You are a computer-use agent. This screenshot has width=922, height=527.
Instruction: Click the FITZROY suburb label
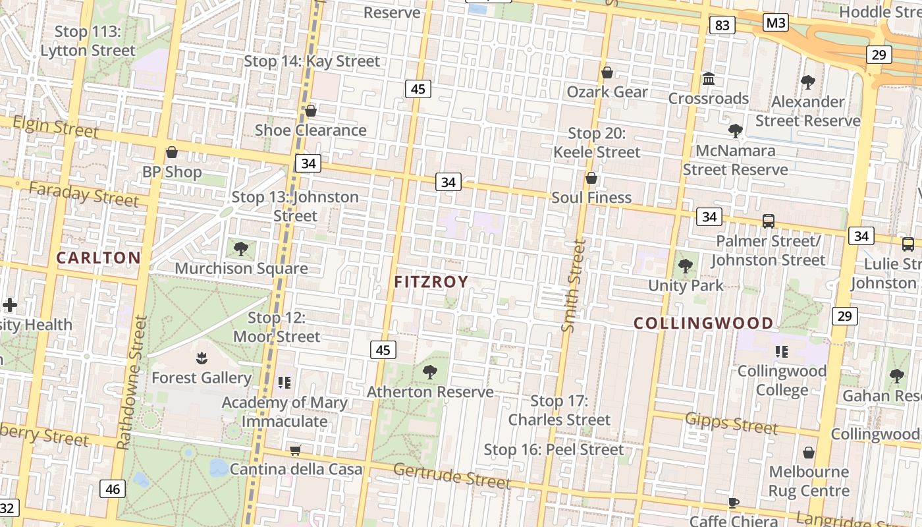point(431,282)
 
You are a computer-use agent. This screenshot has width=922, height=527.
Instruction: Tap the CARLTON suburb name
point(98,258)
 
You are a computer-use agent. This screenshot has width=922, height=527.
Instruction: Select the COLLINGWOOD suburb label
point(703,323)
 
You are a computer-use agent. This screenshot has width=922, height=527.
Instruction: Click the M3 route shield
point(776,23)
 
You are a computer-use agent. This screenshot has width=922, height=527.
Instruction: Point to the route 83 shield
point(722,25)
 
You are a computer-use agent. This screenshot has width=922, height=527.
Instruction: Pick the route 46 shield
point(113,489)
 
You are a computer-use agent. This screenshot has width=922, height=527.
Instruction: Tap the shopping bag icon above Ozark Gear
point(607,72)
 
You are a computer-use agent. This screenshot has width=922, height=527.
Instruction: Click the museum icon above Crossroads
point(709,79)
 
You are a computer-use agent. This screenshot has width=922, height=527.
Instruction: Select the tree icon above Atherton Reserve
point(430,372)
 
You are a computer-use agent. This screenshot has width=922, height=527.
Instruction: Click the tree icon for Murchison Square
point(241,248)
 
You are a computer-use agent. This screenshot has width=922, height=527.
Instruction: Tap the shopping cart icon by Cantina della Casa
point(296,450)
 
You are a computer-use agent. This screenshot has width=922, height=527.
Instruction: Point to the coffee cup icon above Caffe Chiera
point(734,503)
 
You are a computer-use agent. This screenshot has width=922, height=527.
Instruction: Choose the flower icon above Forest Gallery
point(202,358)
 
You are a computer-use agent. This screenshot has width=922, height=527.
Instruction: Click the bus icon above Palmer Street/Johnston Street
point(768,221)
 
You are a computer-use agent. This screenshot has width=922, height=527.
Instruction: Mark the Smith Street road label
point(573,285)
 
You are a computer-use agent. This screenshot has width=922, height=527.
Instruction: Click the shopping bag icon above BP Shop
point(172,153)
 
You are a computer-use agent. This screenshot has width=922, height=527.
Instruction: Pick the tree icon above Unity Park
point(686,266)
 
